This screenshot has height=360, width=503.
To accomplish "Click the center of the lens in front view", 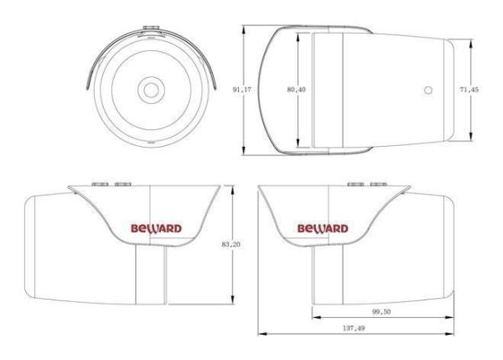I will coord(151,88).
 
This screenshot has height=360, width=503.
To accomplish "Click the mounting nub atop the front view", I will coord(151,28).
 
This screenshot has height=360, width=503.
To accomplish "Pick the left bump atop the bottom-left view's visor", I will coord(99,183).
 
